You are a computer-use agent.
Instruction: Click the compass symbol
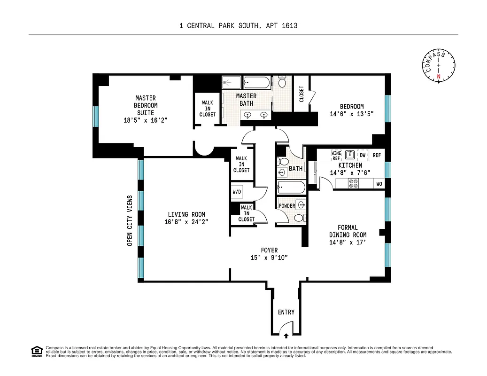pyautogui.click(x=439, y=65)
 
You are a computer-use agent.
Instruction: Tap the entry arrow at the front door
pyautogui.click(x=286, y=336)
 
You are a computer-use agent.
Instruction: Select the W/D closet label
pyautogui.click(x=237, y=192)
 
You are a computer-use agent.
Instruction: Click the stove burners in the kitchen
pyautogui.click(x=353, y=184)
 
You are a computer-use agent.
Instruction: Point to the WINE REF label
pyautogui.click(x=336, y=156)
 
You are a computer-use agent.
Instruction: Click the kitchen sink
pyautogui.click(x=349, y=154)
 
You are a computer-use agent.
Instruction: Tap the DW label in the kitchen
pyautogui.click(x=362, y=155)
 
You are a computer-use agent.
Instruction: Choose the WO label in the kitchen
pyautogui.click(x=379, y=184)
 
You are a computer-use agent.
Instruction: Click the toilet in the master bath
pyautogui.click(x=282, y=83)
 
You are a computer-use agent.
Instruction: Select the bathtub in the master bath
pyautogui.click(x=256, y=83)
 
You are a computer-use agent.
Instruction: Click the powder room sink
pyautogui.click(x=300, y=205)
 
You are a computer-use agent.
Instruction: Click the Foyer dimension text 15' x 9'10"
pyautogui.click(x=269, y=257)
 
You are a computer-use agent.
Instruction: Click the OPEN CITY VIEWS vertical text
pyautogui.click(x=130, y=220)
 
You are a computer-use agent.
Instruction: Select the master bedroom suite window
pyautogui.click(x=96, y=116)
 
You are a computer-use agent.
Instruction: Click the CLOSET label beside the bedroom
pyautogui.click(x=301, y=94)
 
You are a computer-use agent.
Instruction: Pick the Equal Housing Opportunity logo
pyautogui.click(x=36, y=351)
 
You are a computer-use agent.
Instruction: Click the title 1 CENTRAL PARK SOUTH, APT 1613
pyautogui.click(x=238, y=26)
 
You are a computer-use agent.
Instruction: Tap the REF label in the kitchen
pyautogui.click(x=377, y=155)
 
